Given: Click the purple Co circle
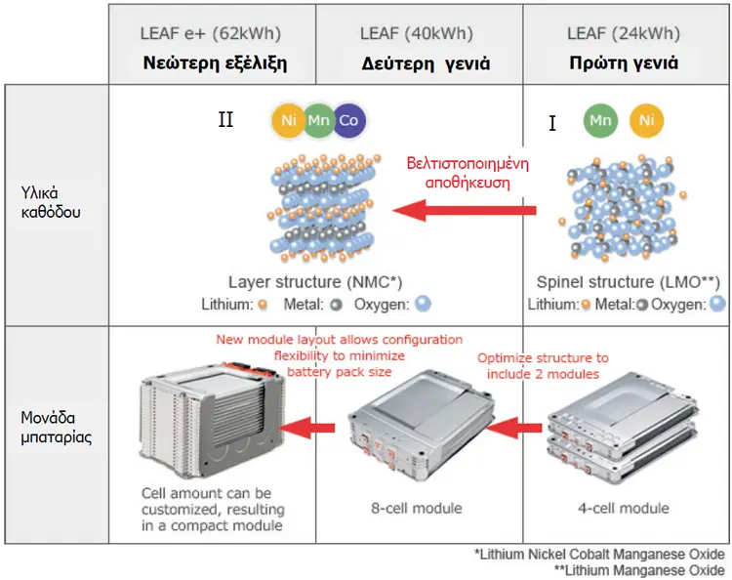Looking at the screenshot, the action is tap(349, 120).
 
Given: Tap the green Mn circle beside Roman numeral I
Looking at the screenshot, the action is tap(600, 120).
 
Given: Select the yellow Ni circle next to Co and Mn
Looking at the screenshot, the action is tap(289, 120).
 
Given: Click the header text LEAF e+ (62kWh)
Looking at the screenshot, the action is tap(211, 33).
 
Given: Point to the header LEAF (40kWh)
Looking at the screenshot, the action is tap(417, 33).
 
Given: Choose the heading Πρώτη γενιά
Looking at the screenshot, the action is tap(624, 62).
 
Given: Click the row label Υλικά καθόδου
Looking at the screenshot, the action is tap(51, 202).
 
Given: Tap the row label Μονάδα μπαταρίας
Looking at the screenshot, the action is tap(56, 428).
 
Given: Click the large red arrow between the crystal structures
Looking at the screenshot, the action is tap(465, 210).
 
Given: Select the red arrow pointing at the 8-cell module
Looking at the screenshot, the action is tap(514, 428).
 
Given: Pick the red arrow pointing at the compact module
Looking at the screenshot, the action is tap(306, 428).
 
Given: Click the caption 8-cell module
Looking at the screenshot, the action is tap(417, 508).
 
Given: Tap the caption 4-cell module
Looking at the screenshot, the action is tap(624, 508).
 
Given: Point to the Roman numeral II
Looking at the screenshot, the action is tap(226, 119).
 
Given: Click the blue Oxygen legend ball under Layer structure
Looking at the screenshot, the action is tap(423, 304).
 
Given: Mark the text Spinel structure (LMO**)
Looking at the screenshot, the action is tap(628, 282).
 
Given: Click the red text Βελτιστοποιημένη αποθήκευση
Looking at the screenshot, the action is tap(468, 173).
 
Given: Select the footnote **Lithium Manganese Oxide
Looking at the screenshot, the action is tap(639, 570).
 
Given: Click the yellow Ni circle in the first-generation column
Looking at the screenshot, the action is tap(646, 120).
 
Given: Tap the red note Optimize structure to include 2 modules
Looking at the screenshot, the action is tap(543, 366).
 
